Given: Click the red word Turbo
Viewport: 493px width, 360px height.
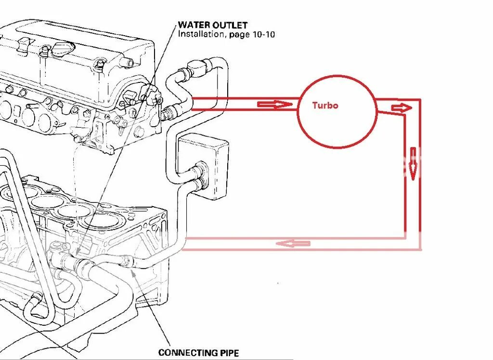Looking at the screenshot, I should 325,106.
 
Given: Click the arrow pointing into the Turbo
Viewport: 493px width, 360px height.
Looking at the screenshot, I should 274,105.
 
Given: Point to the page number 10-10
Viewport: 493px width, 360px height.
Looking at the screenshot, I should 263,34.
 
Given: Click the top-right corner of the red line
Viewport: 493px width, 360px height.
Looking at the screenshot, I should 420,100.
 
